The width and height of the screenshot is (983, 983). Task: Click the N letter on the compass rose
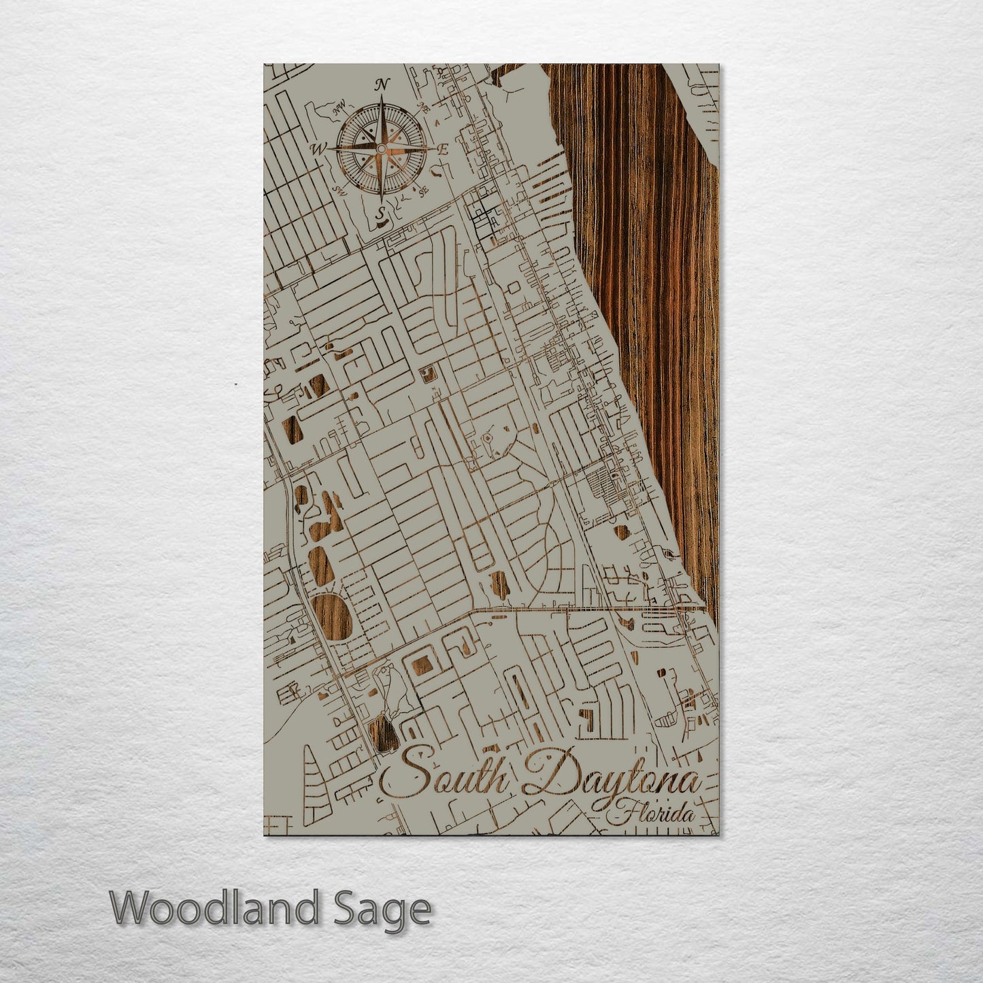tap(383, 84)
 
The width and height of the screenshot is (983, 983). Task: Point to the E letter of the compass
tap(443, 150)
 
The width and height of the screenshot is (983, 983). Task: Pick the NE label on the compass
tap(426, 106)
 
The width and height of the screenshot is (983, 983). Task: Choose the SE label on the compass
tap(424, 192)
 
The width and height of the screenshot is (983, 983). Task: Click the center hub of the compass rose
tap(382, 148)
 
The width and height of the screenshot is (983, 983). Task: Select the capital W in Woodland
tap(129, 908)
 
